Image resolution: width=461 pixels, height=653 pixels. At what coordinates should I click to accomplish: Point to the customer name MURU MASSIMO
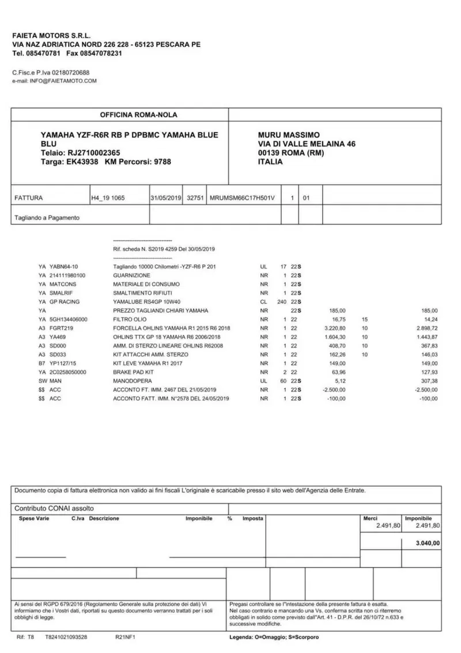289,134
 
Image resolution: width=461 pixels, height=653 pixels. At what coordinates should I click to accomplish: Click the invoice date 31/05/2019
166,198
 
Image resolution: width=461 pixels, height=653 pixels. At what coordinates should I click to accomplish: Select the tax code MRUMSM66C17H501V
243,198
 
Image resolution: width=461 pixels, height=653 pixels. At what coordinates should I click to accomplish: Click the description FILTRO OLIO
129,319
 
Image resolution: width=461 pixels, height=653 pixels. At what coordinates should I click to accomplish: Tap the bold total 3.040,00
428,543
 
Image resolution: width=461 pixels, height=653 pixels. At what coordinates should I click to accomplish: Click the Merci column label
370,519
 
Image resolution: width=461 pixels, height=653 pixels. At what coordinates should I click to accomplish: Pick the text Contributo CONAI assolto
50,509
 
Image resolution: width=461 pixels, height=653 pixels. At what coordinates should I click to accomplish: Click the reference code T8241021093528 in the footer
66,637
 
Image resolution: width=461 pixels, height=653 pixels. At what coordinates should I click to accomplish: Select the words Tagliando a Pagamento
47,218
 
